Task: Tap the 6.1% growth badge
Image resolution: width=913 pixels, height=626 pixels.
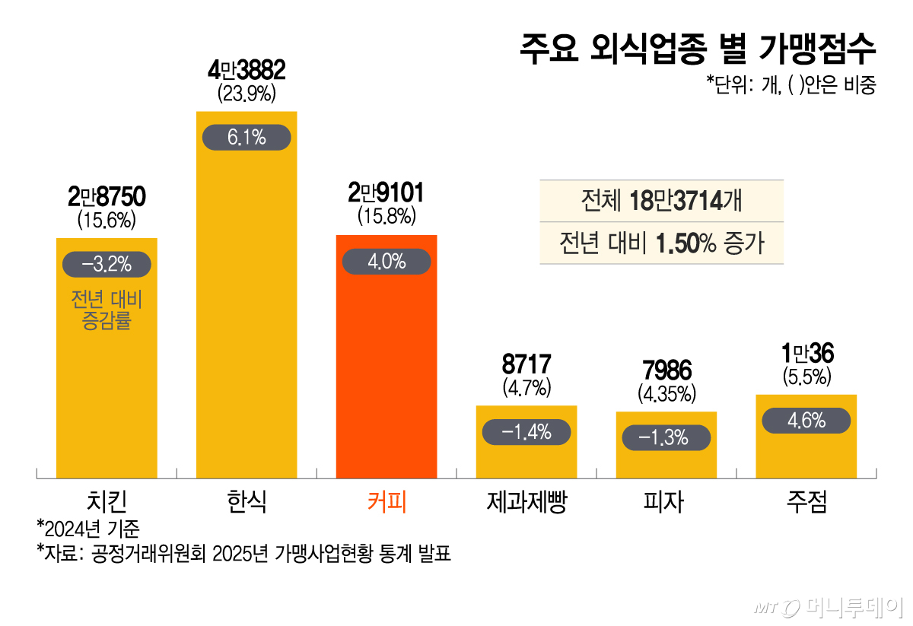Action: [247, 138]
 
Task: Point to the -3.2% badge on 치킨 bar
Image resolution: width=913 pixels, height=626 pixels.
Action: [107, 264]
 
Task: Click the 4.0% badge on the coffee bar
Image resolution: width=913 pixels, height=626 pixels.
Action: [387, 262]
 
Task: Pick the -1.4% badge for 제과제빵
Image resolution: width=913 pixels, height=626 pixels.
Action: [526, 432]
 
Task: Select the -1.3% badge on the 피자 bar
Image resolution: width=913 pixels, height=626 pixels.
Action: [666, 437]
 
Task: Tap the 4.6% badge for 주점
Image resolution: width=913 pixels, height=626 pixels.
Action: [806, 420]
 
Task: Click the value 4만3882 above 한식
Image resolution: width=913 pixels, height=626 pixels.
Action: [247, 71]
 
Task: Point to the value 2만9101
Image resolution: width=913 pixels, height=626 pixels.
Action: [387, 192]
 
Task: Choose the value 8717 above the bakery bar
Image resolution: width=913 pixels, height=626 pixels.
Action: [526, 364]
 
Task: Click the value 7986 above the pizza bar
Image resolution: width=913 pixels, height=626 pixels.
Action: [666, 371]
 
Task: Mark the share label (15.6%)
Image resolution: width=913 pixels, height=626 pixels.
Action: [107, 220]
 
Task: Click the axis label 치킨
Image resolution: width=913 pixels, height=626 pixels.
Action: [107, 502]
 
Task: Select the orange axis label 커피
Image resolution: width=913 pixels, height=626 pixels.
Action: [387, 502]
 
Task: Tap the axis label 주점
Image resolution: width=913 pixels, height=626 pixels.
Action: [806, 502]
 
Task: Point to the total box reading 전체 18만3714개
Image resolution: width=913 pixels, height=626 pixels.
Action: [661, 202]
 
